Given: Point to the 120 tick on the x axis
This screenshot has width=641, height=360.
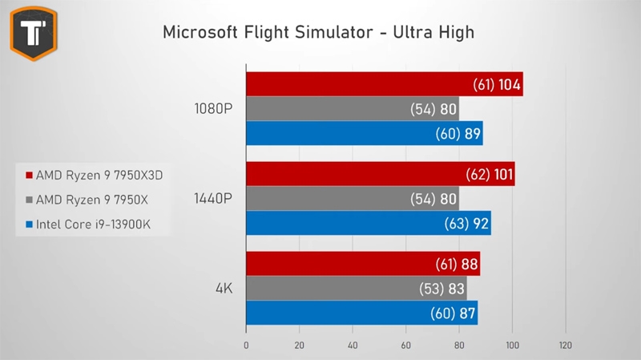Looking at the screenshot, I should point(566,346).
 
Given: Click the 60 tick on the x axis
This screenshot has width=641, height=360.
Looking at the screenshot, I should point(406,346).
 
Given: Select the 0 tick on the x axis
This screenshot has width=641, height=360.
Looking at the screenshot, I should point(246,346).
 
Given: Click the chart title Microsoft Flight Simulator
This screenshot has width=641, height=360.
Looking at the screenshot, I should point(319,33).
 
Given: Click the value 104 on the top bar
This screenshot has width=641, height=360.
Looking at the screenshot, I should point(508,84).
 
